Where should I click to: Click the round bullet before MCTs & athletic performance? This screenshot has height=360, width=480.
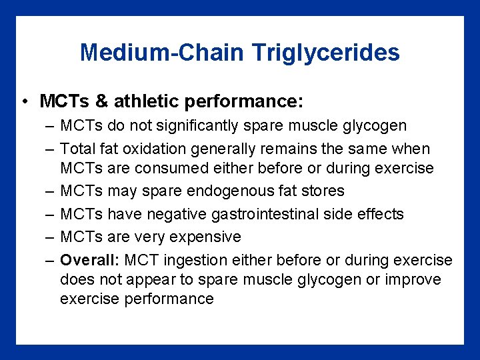pyautogui.click(x=24, y=102)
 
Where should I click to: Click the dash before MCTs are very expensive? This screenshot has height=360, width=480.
pyautogui.click(x=51, y=237)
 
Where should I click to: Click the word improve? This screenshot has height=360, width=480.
pyautogui.click(x=413, y=279)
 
